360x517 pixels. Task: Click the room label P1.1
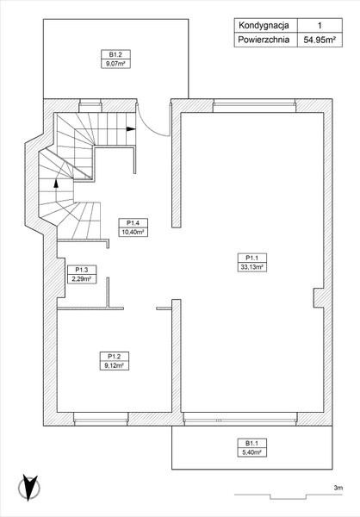(x=251, y=258)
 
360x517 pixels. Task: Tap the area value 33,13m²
(x=251, y=267)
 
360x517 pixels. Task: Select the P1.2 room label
(x=114, y=357)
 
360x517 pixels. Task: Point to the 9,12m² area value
(x=114, y=365)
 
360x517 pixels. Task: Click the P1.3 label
(x=82, y=270)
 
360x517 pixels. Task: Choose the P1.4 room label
(x=133, y=223)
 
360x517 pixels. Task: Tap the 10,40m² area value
(x=133, y=232)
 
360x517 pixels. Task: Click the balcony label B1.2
(x=115, y=54)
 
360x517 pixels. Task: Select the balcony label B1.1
(x=251, y=443)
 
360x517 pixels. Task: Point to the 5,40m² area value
(x=251, y=452)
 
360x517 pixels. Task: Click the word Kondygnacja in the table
(x=264, y=25)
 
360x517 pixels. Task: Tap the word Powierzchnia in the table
(x=264, y=40)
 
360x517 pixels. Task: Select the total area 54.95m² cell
(x=320, y=40)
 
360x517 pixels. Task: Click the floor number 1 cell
(x=320, y=25)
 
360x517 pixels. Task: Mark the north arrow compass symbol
(x=29, y=488)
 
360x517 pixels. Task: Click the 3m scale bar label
(x=338, y=488)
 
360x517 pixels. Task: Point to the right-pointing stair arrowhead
(x=131, y=129)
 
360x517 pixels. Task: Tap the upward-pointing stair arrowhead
(x=56, y=183)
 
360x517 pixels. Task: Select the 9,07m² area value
(x=115, y=64)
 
